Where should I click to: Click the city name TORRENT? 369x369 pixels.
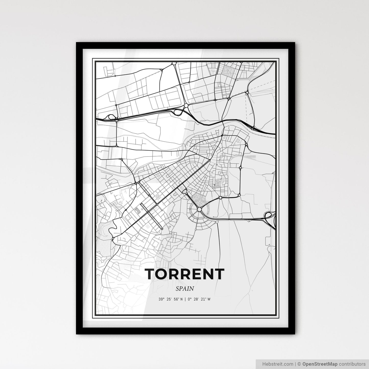[185, 274]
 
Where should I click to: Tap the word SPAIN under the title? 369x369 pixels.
[185, 289]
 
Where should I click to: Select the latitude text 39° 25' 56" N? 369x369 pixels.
[171, 299]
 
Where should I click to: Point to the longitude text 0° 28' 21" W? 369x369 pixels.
[199, 299]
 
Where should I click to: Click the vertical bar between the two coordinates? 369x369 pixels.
[185, 299]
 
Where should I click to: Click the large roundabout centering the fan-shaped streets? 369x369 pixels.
[199, 209]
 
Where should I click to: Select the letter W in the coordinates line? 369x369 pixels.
[209, 299]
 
